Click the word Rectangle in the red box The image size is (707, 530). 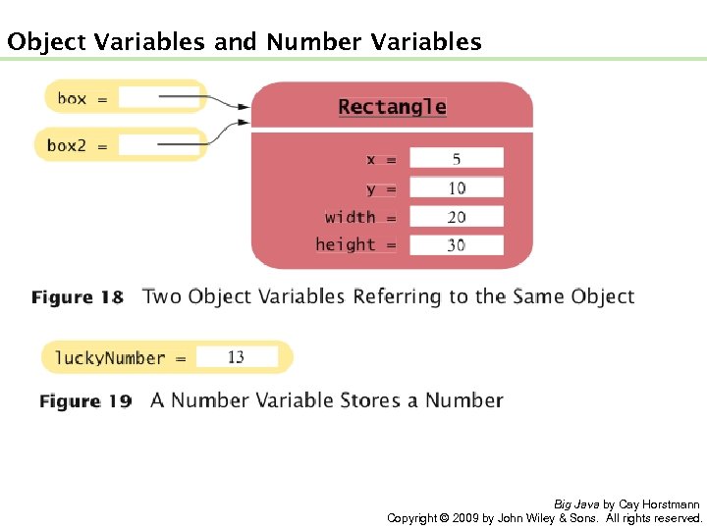click(392, 107)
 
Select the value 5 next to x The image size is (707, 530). click(456, 159)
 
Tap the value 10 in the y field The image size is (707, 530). click(456, 187)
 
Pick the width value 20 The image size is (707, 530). click(456, 217)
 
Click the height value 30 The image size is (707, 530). click(456, 245)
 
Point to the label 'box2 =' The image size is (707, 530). click(78, 145)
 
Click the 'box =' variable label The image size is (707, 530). click(82, 98)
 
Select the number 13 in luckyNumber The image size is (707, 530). click(236, 357)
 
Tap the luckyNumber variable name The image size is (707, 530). click(110, 357)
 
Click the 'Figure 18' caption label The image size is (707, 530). click(78, 297)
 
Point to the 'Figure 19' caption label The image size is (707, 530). click(85, 401)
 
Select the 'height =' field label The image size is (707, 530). click(355, 245)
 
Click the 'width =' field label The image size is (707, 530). click(360, 217)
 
